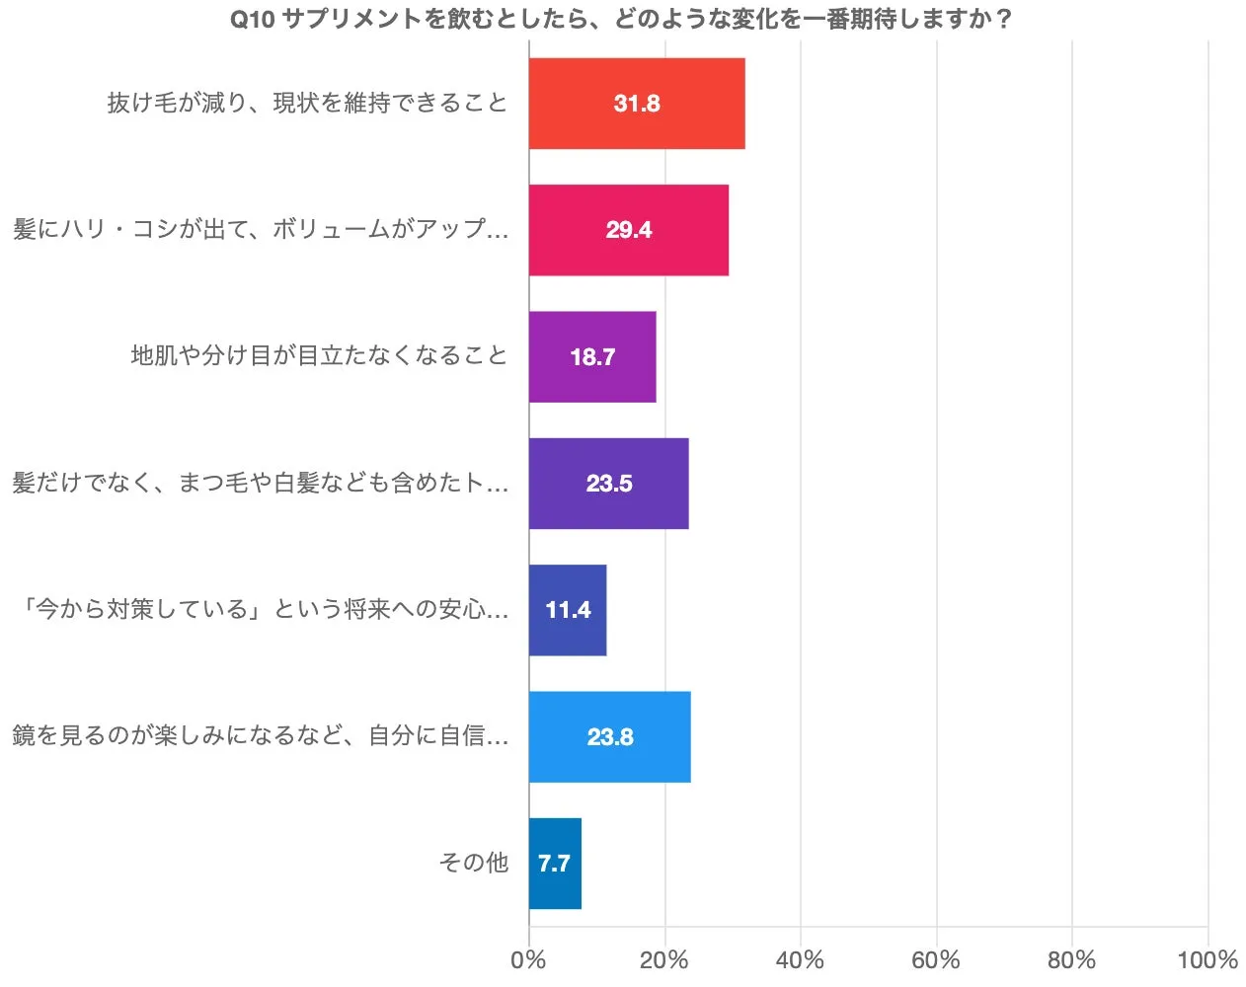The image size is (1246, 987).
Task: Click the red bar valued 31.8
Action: (x=637, y=104)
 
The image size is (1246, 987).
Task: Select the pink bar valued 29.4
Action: (x=629, y=230)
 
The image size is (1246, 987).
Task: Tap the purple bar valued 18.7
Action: (x=592, y=356)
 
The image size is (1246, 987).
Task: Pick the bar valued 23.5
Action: (x=608, y=484)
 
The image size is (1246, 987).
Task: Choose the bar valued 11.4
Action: (x=568, y=610)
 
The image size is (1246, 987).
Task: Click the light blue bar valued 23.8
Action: (x=609, y=737)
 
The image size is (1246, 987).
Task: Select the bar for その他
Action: (x=555, y=864)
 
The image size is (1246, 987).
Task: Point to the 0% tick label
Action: (x=528, y=960)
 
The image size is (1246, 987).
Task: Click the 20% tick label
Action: (x=664, y=960)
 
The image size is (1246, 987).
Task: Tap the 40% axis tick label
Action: (x=800, y=960)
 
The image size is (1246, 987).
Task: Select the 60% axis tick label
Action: (x=936, y=960)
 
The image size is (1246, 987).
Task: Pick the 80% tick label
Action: (x=1071, y=960)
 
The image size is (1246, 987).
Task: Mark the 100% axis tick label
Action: (x=1207, y=960)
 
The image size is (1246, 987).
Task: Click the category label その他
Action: (x=474, y=864)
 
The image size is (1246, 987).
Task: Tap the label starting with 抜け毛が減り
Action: (x=307, y=104)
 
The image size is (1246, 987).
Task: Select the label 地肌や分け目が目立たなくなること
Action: (x=319, y=356)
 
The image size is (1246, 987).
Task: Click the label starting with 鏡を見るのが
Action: (x=261, y=736)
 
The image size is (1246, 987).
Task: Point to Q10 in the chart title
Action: (x=252, y=20)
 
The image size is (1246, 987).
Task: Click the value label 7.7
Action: (x=554, y=865)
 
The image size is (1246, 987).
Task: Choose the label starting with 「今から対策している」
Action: (x=263, y=610)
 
